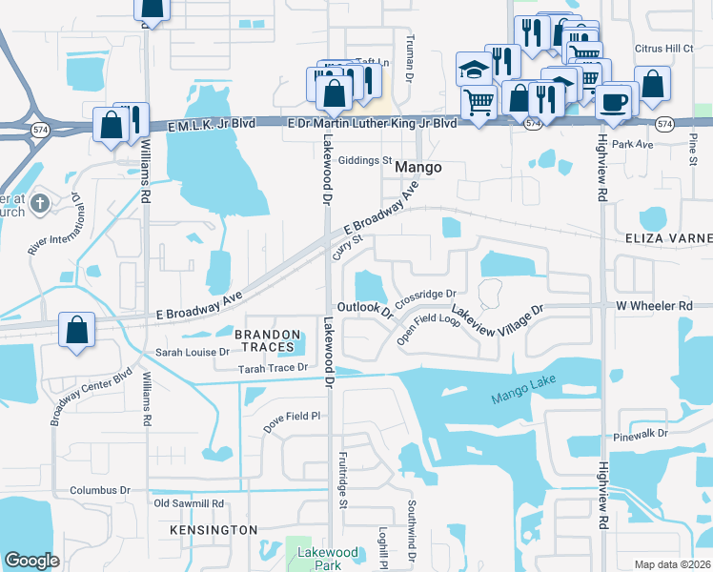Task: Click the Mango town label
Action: [418, 167]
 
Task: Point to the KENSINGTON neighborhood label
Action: [214, 529]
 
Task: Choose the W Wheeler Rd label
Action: [654, 305]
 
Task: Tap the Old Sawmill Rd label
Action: [188, 502]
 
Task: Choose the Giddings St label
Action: [365, 161]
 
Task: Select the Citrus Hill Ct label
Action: [664, 48]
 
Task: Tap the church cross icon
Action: [40, 203]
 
